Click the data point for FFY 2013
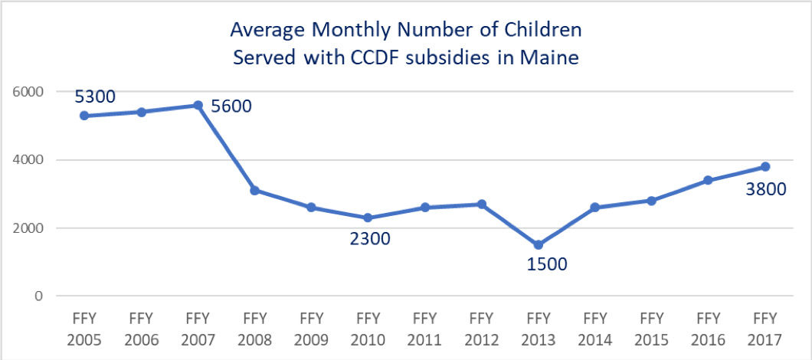point(538,245)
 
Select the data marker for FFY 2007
point(198,106)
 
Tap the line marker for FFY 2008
point(254,190)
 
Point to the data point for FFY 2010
point(368,218)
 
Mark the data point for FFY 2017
point(765,167)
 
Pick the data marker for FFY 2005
point(84,116)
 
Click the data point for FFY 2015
point(651,201)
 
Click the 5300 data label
point(94,97)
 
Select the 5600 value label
point(231,106)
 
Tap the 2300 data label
point(370,238)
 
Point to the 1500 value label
point(546,265)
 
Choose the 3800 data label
point(766,188)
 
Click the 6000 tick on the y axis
point(30,91)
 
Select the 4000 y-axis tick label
point(30,160)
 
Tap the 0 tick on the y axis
point(38,296)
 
